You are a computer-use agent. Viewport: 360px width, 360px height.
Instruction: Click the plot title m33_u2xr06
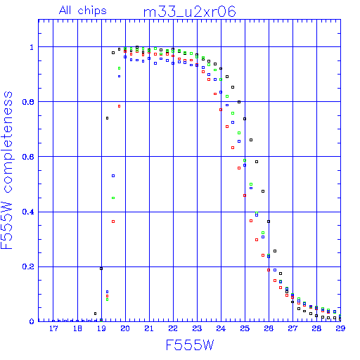tap(189, 12)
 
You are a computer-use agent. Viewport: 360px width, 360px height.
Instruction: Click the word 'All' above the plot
tap(65, 11)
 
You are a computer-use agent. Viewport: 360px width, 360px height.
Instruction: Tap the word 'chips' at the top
tap(92, 11)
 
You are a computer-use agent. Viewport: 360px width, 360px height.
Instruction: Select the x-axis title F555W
tap(190, 345)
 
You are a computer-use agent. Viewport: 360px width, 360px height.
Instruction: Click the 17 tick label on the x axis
tap(53, 328)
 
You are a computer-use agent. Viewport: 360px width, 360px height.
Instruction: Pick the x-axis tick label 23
tap(197, 328)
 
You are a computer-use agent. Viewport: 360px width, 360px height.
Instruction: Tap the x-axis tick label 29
tap(340, 328)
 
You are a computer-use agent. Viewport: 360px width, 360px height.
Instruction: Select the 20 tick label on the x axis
tap(125, 328)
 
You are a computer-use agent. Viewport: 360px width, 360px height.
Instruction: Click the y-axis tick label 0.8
tap(28, 102)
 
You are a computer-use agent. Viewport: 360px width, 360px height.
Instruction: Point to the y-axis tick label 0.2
tap(28, 266)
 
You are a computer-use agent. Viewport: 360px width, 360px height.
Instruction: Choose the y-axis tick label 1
tap(32, 47)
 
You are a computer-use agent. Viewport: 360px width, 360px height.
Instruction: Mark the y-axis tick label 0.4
tap(28, 212)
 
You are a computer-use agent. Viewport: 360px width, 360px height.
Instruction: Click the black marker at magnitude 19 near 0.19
tap(101, 269)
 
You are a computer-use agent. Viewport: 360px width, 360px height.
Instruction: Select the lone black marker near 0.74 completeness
tap(108, 118)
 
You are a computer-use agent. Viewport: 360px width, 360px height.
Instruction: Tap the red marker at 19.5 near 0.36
tap(113, 221)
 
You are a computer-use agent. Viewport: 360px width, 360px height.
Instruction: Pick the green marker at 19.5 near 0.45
tap(113, 198)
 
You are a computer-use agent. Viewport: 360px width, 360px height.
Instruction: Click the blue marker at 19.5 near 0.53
tap(113, 176)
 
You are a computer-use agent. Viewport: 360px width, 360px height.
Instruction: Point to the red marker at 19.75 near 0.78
tap(119, 106)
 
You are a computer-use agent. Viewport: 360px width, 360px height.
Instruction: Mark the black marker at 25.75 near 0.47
tap(263, 191)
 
